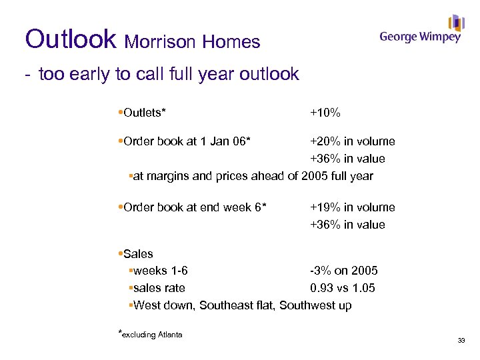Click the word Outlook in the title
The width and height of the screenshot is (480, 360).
click(70, 39)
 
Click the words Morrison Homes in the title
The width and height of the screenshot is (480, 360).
click(193, 42)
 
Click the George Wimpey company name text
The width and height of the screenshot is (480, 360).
click(420, 37)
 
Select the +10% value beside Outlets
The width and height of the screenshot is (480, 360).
click(325, 113)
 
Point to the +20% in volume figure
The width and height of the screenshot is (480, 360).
click(352, 141)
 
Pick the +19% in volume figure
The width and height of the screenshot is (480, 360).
click(352, 207)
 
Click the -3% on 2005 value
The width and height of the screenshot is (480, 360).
click(343, 271)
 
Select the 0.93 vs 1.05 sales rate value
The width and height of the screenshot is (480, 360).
click(342, 288)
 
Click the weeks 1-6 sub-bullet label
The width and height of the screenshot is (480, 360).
click(160, 271)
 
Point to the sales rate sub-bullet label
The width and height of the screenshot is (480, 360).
click(159, 288)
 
